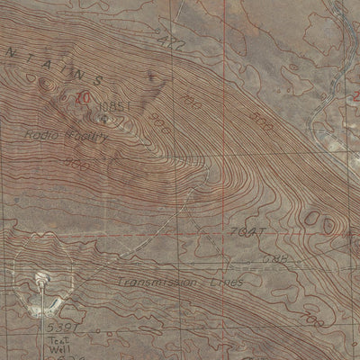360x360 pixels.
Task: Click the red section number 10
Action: (83, 96)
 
